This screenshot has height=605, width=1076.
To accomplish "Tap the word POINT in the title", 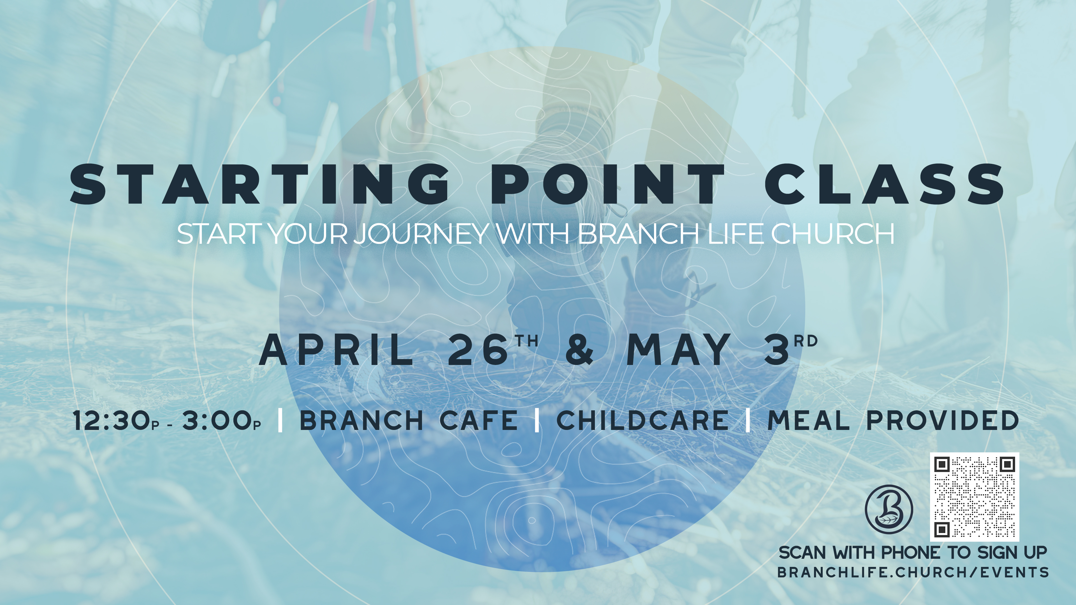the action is [x=608, y=185].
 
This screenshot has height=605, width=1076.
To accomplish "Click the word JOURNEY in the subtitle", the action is [x=422, y=234].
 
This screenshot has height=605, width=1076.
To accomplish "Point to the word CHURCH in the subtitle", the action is [x=832, y=234].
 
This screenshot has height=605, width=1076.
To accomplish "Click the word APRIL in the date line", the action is [x=337, y=350].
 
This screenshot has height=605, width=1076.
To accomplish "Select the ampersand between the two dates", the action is [x=579, y=350].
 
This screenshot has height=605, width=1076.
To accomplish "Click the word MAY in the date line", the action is [x=679, y=350].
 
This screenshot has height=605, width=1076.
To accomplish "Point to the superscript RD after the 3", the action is [x=806, y=341].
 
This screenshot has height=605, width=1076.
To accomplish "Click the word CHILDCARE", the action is [x=643, y=420].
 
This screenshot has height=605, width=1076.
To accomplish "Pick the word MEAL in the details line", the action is [x=809, y=420].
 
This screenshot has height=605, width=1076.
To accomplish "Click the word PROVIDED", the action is [x=943, y=420].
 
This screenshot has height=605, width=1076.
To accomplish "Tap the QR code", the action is [x=975, y=497].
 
